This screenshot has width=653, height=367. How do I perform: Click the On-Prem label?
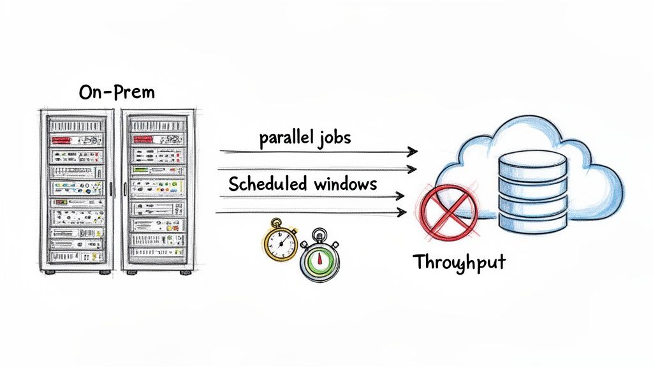pyautogui.click(x=117, y=93)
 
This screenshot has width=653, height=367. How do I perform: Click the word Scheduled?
pyautogui.click(x=268, y=184)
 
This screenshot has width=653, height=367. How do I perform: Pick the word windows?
pyautogui.click(x=346, y=184)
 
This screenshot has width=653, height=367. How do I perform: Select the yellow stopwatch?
pyautogui.click(x=281, y=242)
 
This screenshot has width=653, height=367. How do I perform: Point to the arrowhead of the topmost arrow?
pyautogui.click(x=413, y=152)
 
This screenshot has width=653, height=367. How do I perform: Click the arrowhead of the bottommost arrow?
pyautogui.click(x=402, y=212)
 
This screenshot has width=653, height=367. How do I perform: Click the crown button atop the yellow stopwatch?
pyautogui.click(x=276, y=221)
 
